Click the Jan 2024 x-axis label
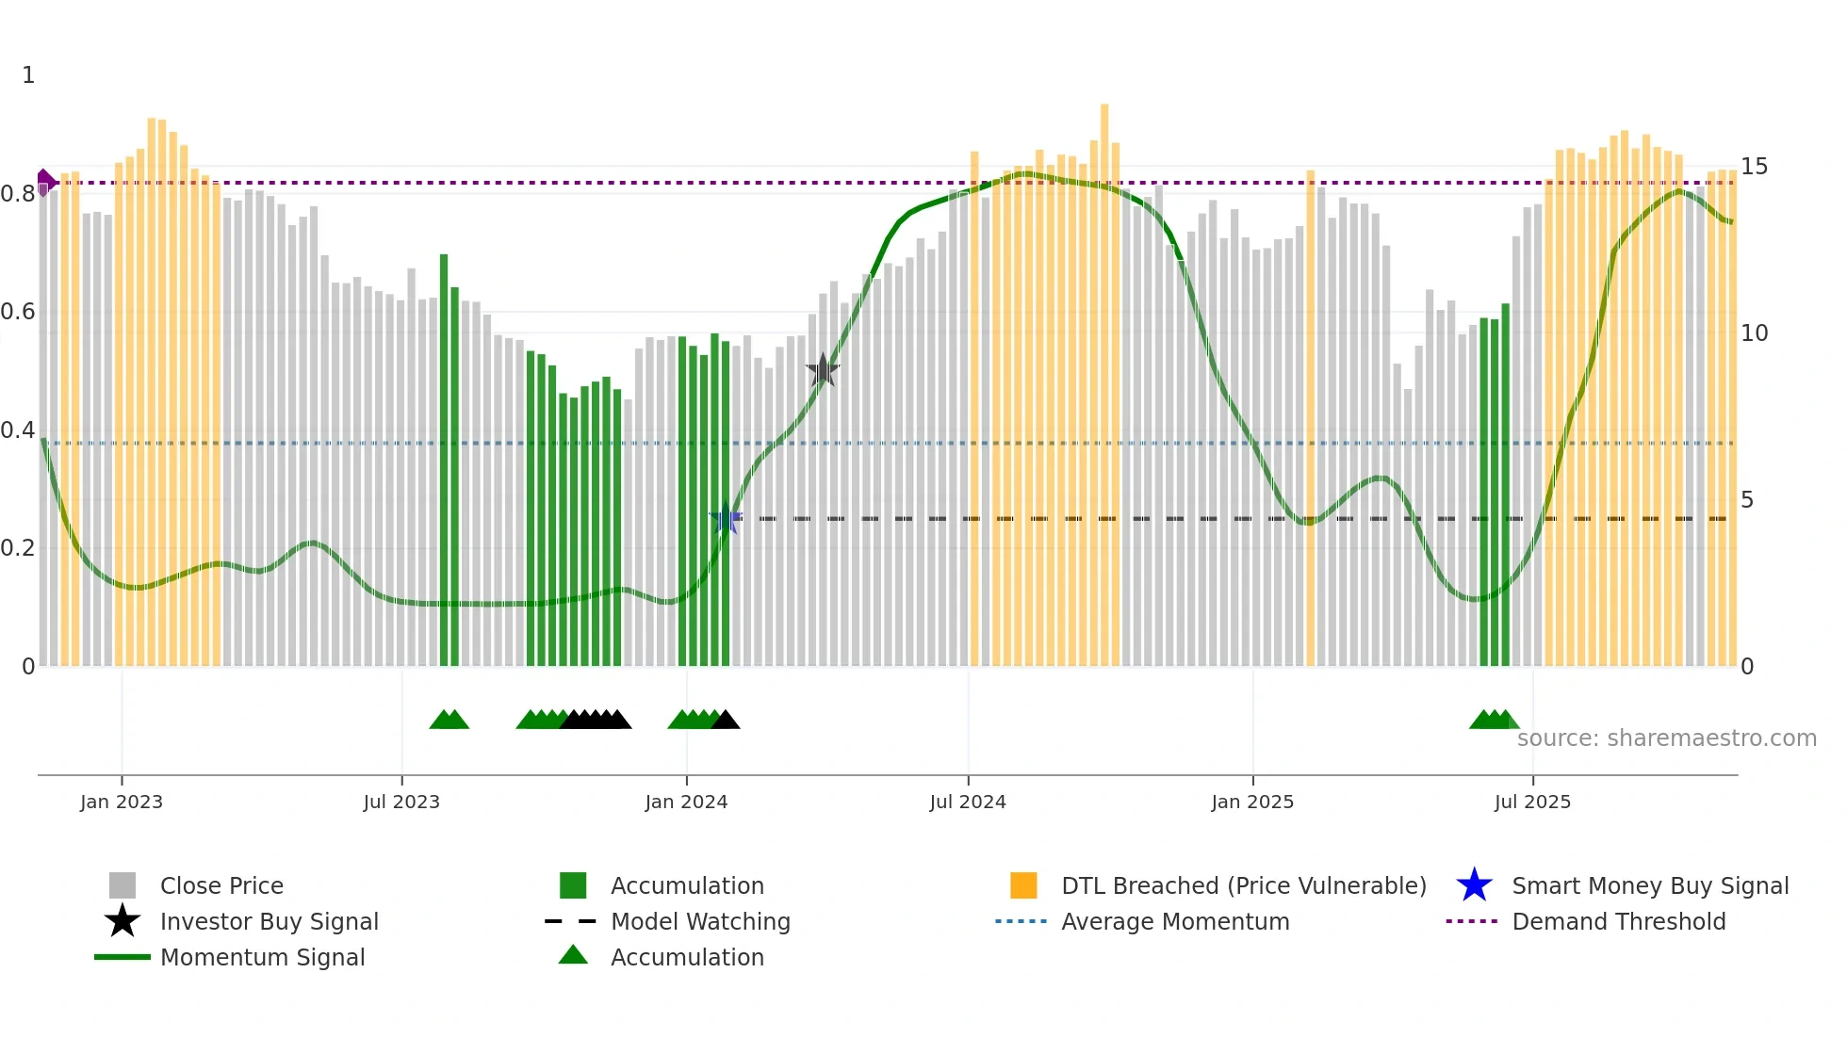click(x=686, y=802)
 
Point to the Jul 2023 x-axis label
click(x=401, y=802)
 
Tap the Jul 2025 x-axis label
click(x=1532, y=802)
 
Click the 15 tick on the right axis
click(x=1754, y=167)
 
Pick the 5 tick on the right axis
click(x=1747, y=500)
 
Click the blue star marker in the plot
click(x=725, y=519)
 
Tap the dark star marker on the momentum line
click(x=823, y=370)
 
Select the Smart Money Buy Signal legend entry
click(x=1649, y=885)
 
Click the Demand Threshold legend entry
click(x=1618, y=921)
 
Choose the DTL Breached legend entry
click(x=1243, y=885)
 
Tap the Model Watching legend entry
click(x=700, y=921)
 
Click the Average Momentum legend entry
click(x=1174, y=921)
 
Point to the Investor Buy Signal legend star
click(x=123, y=921)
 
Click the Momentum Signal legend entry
click(x=262, y=957)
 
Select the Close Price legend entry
click(x=221, y=885)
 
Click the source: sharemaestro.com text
click(x=1666, y=738)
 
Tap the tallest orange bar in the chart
click(x=1104, y=377)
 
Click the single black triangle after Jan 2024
click(x=726, y=721)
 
